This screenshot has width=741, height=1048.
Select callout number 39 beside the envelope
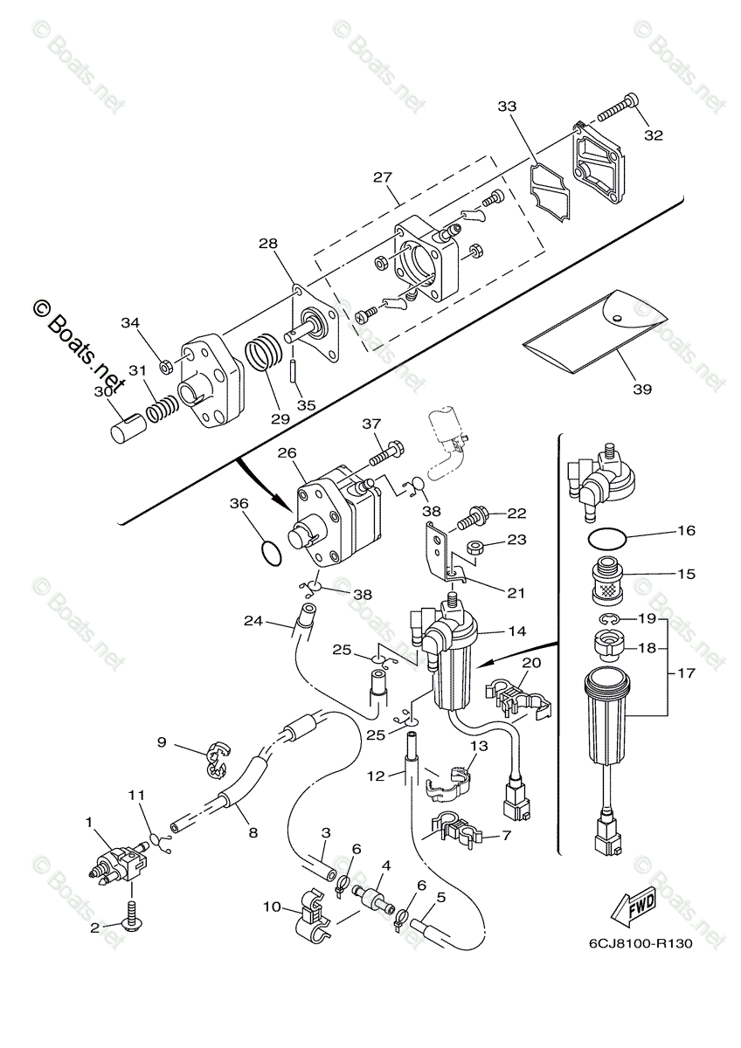point(641,390)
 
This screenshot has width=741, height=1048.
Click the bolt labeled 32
point(617,110)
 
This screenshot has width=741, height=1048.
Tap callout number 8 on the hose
point(253,833)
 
